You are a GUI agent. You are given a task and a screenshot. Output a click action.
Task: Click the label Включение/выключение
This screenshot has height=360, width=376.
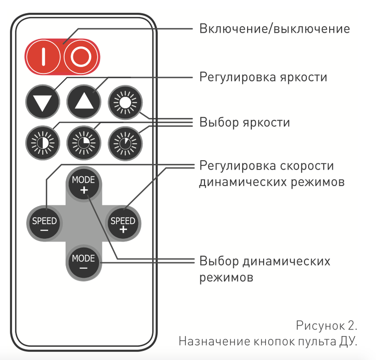pyautogui.click(x=274, y=29)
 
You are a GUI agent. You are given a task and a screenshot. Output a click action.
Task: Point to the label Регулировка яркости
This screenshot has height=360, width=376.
pyautogui.click(x=263, y=76)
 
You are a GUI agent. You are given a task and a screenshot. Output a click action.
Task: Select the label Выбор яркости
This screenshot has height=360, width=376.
pyautogui.click(x=244, y=122)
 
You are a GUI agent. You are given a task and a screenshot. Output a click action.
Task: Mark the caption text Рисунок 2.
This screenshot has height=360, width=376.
pyautogui.click(x=327, y=325)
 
